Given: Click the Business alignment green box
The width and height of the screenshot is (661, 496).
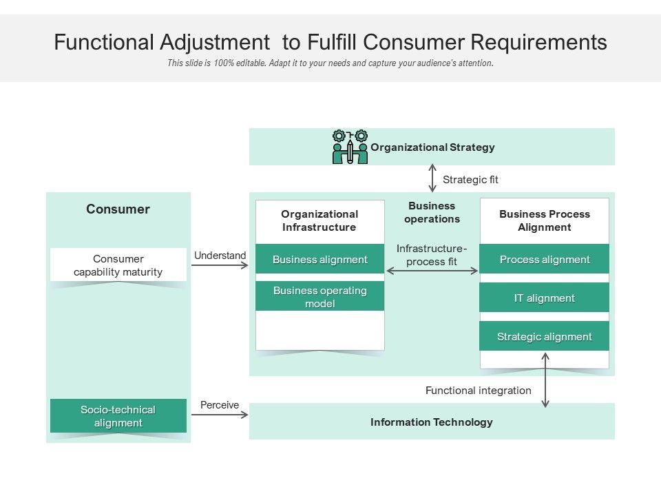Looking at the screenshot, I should click(x=320, y=259).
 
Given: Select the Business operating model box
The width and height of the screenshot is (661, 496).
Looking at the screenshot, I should click(x=320, y=296).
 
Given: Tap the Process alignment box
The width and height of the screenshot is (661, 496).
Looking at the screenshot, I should click(x=544, y=259).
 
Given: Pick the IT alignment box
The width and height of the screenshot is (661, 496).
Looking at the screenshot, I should click(x=544, y=298).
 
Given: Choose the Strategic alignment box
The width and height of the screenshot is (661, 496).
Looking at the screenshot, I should click(x=544, y=336).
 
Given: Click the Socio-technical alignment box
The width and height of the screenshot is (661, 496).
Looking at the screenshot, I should click(x=118, y=416).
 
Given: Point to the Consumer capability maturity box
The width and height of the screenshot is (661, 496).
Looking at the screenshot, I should click(x=118, y=265).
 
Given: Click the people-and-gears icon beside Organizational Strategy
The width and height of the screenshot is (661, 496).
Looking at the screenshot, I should click(x=350, y=147).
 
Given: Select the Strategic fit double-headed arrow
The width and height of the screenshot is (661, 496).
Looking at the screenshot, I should click(x=432, y=178).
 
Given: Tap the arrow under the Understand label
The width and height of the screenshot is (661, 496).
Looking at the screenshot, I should click(x=219, y=265).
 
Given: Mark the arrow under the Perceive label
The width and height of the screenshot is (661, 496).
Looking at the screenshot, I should click(x=219, y=415).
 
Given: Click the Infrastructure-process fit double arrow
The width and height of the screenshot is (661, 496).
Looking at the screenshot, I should click(x=432, y=271).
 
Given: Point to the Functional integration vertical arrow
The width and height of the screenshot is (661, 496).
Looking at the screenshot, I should click(x=546, y=380).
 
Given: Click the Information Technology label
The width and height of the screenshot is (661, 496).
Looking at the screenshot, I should click(x=432, y=422).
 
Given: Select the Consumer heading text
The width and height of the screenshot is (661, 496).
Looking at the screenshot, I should click(x=118, y=209).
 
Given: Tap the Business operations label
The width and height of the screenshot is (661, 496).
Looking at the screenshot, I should click(x=432, y=212).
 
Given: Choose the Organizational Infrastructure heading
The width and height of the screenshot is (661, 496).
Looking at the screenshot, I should click(x=319, y=220).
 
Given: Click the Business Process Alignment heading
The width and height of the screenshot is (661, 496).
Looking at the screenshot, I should click(x=544, y=220).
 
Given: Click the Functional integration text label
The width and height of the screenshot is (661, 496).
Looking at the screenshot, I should click(x=478, y=391).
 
